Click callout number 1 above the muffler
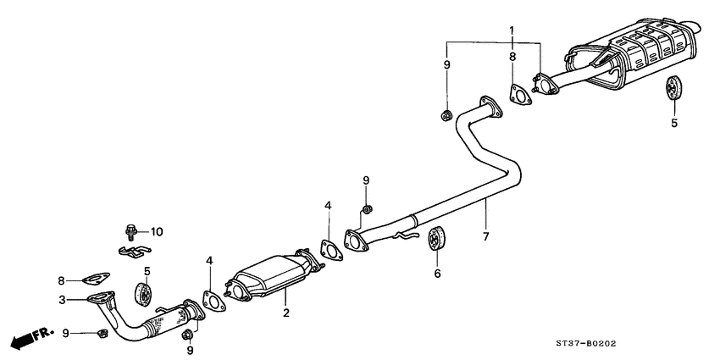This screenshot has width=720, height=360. tap(511, 30)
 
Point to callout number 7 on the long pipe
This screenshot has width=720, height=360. tap(485, 235)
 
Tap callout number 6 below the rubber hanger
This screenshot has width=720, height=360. tap(438, 274)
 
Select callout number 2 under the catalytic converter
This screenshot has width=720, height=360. tap(286, 313)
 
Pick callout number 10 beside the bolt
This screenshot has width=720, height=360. tap(157, 230)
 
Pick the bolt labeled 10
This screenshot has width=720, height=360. tap(130, 230)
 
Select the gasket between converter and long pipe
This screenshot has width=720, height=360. tap(329, 251)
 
